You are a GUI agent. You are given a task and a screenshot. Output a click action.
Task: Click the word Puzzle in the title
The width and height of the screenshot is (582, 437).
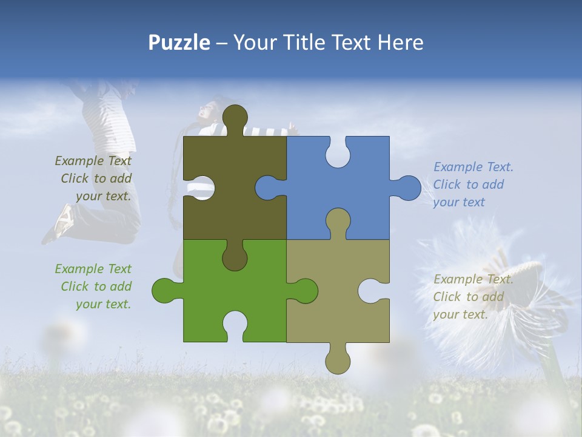tap(179, 42)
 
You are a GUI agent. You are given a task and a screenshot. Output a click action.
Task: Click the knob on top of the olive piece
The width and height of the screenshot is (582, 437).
tap(235, 118)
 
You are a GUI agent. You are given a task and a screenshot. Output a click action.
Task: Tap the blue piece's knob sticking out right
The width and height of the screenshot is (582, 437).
tap(407, 188)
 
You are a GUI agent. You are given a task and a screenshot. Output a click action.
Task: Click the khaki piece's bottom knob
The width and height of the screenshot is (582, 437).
tap(338, 359)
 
